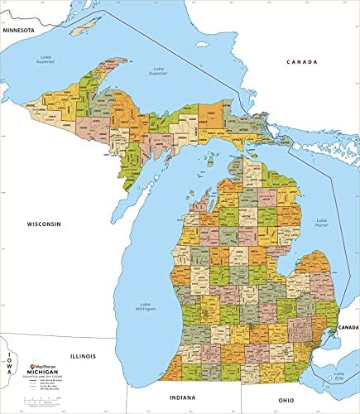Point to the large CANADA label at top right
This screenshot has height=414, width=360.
tap(302, 62)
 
